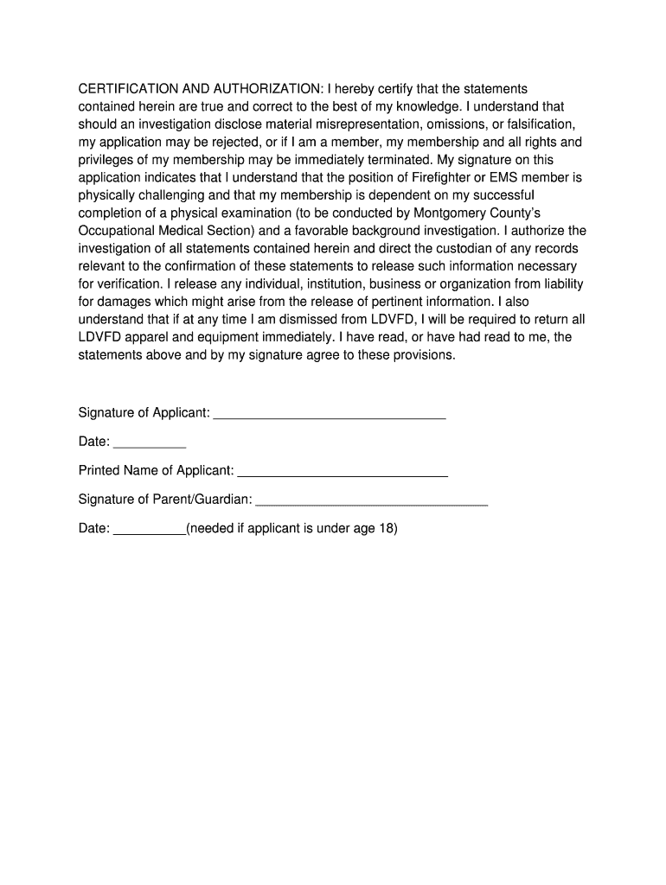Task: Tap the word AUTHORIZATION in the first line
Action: pos(265,89)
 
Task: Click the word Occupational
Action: pos(117,231)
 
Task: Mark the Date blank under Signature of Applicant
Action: pos(150,446)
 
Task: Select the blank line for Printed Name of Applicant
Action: pos(343,475)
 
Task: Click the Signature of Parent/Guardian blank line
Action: pos(372,503)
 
